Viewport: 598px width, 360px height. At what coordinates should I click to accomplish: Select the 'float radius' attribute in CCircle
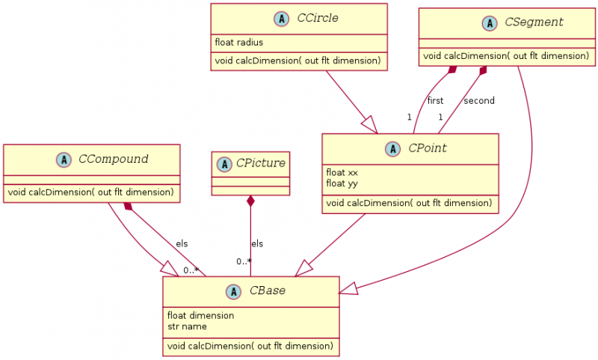click(238, 42)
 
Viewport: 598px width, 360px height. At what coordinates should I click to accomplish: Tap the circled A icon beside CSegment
click(490, 23)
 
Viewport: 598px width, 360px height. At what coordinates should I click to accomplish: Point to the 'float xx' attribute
click(342, 172)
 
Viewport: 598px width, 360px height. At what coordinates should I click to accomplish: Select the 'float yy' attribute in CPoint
click(342, 183)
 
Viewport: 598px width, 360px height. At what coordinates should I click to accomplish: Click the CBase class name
click(267, 291)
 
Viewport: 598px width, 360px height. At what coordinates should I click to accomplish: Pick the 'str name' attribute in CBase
click(187, 326)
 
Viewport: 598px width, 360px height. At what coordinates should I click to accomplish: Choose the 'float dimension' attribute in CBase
click(200, 315)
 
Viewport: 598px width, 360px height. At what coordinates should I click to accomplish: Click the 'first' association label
click(435, 101)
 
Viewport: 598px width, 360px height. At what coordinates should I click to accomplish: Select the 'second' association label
click(478, 101)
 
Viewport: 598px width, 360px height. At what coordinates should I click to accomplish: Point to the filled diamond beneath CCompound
click(128, 205)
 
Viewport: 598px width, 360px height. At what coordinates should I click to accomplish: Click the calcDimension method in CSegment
click(506, 56)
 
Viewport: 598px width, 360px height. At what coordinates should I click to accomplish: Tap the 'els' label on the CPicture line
click(257, 243)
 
